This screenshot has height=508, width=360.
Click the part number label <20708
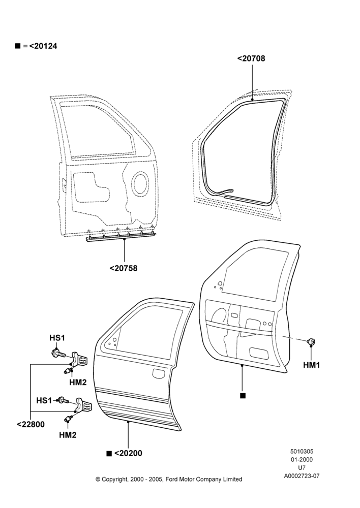(251, 58)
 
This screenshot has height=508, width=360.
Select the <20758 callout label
(123, 268)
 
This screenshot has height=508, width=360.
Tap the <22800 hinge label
(31, 424)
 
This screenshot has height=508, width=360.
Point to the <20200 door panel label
(128, 453)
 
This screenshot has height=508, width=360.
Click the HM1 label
(311, 365)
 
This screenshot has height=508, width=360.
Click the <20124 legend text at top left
(43, 46)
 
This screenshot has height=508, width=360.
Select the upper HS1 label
(57, 338)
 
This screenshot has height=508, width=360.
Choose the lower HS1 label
(44, 400)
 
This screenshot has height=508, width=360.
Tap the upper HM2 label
(78, 383)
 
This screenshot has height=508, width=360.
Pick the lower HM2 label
(68, 435)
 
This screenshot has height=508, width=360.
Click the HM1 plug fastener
(311, 341)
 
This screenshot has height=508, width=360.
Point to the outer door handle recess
(160, 373)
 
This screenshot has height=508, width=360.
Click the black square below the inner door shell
(243, 396)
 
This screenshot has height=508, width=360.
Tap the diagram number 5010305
(302, 451)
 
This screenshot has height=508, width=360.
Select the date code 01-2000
(302, 459)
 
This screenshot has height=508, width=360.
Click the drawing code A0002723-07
(302, 476)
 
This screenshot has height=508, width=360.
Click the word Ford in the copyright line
(172, 479)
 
